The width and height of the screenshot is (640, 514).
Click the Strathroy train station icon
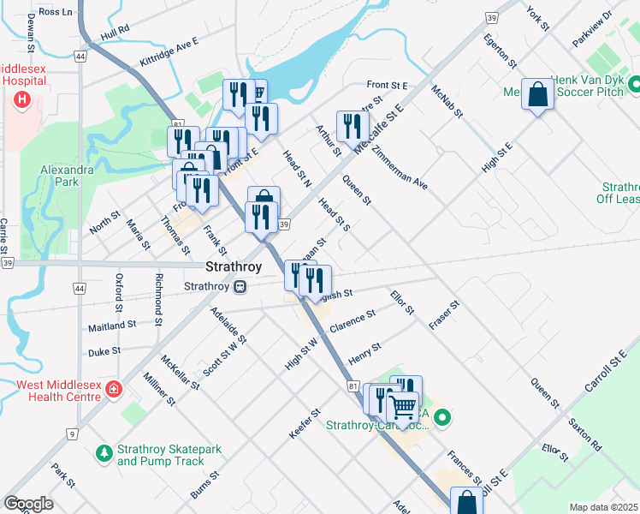coord(242,286)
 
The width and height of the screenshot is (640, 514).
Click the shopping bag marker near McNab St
coord(538,95)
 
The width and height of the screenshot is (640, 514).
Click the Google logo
coord(28,504)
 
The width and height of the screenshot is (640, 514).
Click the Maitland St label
coord(112,326)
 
